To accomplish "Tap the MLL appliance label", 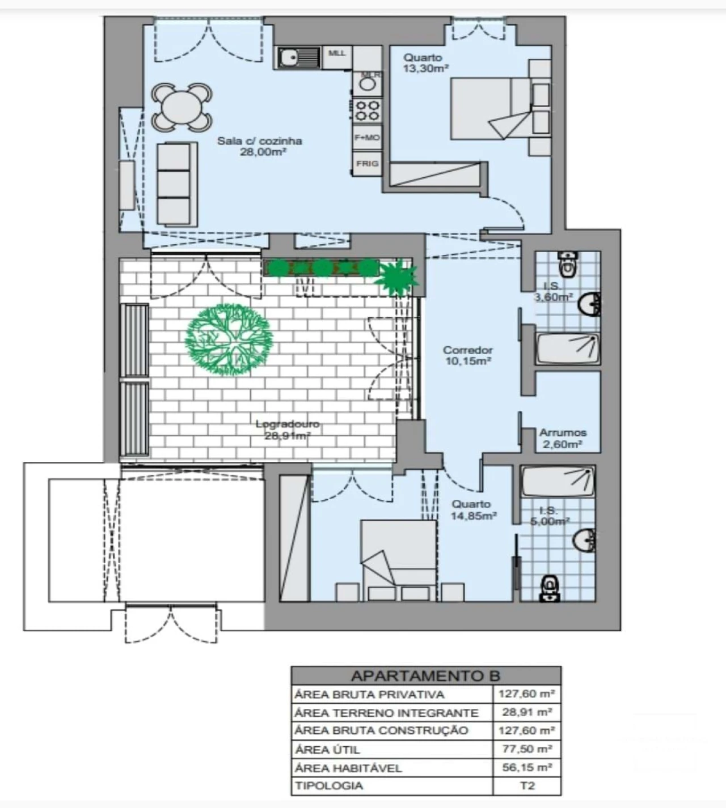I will (337, 54).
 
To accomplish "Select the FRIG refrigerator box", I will (367, 164).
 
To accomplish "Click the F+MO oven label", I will (367, 138).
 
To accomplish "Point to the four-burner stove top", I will (367, 110).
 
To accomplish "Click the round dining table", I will (181, 107).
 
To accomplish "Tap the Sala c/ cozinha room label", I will (259, 141).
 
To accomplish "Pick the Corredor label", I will (468, 350).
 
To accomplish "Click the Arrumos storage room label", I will (563, 432).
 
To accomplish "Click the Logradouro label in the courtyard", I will (288, 424).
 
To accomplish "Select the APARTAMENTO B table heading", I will (425, 675).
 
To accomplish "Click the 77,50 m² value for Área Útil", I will (527, 749).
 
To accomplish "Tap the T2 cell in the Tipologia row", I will (527, 786).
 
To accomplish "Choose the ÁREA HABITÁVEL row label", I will (348, 768).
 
